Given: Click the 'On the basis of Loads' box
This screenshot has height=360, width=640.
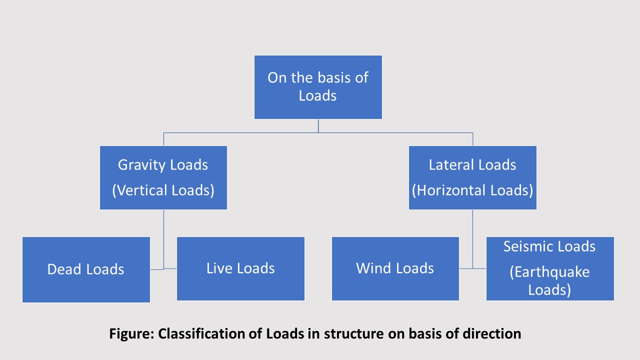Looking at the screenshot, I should pos(318,87).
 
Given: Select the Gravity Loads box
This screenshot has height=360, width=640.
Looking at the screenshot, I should pos(163,177).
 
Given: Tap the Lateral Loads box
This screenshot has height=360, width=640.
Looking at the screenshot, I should pos(472,177).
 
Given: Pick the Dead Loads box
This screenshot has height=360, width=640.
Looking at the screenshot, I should pos(86,269).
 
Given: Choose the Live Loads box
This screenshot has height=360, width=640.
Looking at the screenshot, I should pos(240,268).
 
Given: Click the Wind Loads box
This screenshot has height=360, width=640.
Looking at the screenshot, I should pos(395,268).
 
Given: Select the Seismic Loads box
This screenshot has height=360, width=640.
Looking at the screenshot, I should pos(549,268).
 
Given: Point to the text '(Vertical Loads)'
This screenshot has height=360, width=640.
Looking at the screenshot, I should pos(163,190).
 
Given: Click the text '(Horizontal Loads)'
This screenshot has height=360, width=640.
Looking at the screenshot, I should pos(472,190).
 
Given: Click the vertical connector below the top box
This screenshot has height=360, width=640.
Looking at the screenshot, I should pos(318,126).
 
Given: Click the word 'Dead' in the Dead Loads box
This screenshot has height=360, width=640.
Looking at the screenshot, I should pos(65,269).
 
